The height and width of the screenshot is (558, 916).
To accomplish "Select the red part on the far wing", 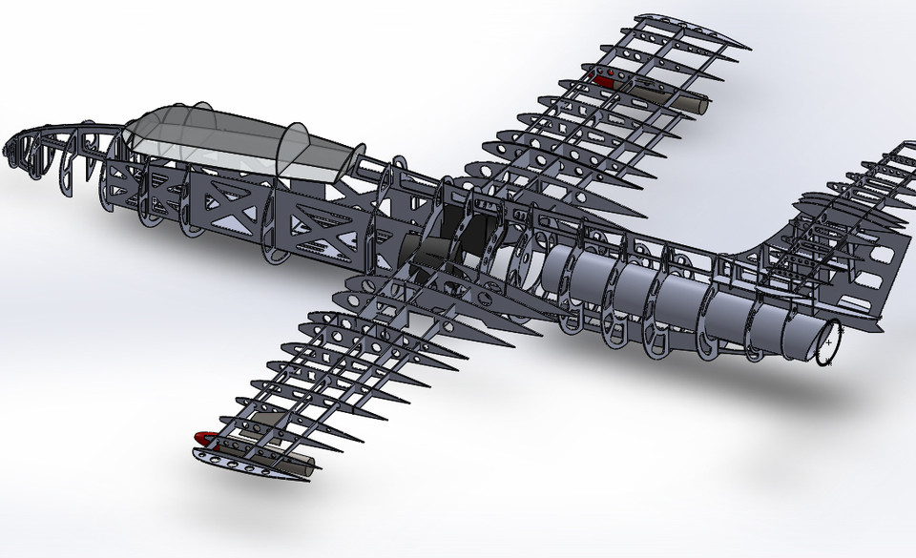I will (603, 80).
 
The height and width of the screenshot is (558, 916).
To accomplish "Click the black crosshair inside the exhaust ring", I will (828, 341).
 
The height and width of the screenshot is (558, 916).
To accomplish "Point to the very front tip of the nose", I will (8, 143).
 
